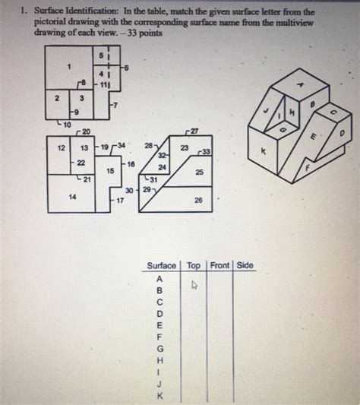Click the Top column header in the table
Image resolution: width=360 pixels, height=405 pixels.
click(194, 266)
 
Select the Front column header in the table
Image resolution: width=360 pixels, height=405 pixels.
click(220, 266)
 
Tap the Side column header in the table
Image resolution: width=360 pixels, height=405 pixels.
click(245, 266)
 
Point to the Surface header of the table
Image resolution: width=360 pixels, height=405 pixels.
click(161, 266)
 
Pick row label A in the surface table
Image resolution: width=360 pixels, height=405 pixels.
click(160, 278)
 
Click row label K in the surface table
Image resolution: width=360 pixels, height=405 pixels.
click(160, 396)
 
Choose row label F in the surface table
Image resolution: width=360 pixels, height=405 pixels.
click(160, 337)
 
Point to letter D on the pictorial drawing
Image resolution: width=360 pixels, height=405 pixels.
click(341, 133)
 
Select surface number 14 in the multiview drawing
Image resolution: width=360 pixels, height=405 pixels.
click(72, 197)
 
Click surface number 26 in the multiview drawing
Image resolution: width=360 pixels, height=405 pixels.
click(199, 201)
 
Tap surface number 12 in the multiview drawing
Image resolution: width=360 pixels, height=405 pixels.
click(62, 148)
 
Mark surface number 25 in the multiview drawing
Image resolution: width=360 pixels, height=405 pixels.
click(199, 172)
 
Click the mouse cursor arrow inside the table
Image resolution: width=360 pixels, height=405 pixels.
click(194, 286)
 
